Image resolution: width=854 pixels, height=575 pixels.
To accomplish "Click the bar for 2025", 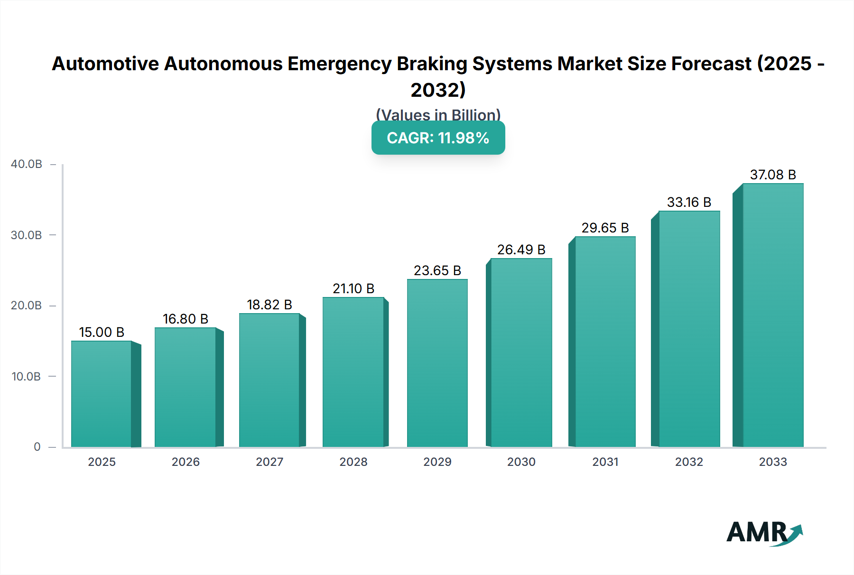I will point(102,394).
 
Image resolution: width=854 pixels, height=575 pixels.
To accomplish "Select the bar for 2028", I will point(353,372).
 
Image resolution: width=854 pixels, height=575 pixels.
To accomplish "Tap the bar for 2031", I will point(605,342).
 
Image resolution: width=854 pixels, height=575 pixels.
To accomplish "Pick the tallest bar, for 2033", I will point(773,315).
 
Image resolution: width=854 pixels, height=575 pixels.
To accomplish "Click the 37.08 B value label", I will point(773,175).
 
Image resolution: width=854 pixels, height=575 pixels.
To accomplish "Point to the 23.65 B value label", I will point(437,270).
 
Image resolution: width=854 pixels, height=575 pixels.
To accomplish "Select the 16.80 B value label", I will point(186,319).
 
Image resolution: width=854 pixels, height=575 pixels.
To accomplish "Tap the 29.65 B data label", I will point(605,228).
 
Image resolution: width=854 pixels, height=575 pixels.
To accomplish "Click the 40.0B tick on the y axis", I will point(27,164).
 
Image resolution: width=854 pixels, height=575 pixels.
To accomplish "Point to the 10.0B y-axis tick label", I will point(27,377).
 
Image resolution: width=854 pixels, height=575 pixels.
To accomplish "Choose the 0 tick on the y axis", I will point(37,447).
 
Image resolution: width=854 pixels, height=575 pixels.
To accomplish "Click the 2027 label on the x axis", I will point(269,462).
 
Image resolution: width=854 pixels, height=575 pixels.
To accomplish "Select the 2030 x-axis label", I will point(521,462).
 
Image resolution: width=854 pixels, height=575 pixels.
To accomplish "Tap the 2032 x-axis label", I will point(689,462).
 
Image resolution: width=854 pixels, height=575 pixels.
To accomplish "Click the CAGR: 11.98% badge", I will point(438,138).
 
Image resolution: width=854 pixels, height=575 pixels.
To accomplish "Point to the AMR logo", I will point(764,533).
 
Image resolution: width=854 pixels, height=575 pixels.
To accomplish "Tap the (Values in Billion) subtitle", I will point(438,115).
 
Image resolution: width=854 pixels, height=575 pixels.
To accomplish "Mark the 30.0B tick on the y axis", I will point(27,235).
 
